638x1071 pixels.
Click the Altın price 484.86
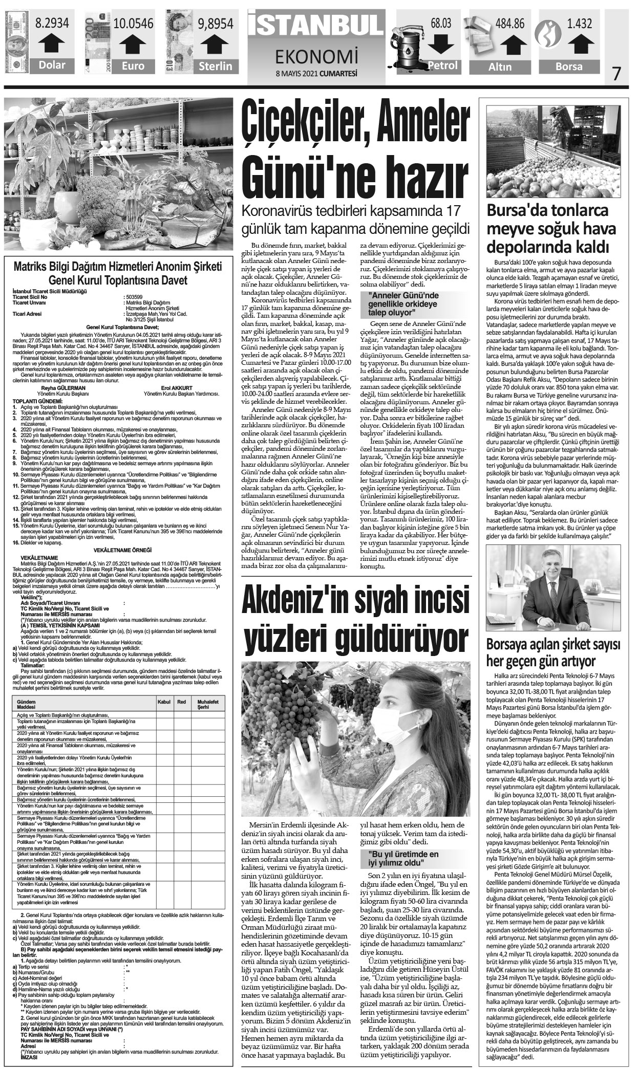coord(506,23)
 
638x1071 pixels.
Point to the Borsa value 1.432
coord(575,23)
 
